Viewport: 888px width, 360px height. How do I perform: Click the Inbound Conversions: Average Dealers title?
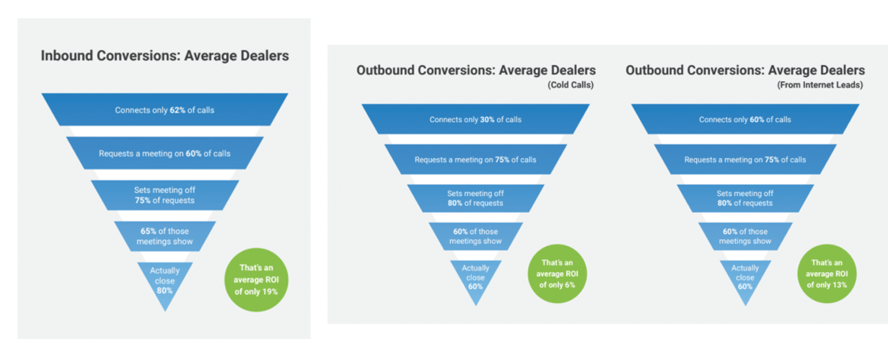pos(165,56)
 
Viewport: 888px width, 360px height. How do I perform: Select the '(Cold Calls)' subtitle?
pos(571,85)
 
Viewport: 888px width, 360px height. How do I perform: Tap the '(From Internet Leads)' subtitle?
pos(819,85)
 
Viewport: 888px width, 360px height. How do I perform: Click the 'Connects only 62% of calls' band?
pos(165,110)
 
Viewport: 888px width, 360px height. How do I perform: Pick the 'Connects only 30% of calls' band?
pos(475,119)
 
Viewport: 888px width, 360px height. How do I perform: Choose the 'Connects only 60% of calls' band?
pos(745,119)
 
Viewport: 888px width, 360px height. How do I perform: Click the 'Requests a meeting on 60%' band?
pos(165,153)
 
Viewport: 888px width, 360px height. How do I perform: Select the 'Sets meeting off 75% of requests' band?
pos(165,195)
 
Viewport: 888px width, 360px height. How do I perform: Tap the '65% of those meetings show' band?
pos(165,237)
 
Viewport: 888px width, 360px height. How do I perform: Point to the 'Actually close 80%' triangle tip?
pos(165,311)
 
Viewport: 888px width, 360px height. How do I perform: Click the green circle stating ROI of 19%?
pos(256,280)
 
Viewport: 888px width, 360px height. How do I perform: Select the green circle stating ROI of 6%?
pos(557,273)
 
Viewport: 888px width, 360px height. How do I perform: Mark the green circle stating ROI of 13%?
pos(827,273)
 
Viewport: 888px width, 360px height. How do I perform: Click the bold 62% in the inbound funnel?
pos(177,110)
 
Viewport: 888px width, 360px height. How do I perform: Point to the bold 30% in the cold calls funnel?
pos(487,120)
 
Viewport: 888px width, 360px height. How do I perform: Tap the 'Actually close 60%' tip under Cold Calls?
pos(475,305)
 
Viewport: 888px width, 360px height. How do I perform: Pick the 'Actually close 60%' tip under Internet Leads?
pos(745,305)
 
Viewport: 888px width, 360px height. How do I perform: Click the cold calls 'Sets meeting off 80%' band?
pos(475,198)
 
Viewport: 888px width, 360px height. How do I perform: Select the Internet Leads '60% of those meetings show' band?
pos(745,237)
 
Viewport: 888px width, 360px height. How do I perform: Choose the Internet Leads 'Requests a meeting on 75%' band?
pos(745,159)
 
